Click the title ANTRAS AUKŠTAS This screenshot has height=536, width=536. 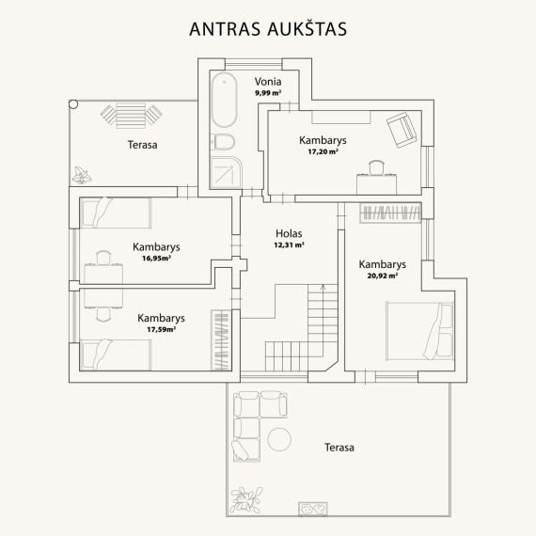tap(268, 29)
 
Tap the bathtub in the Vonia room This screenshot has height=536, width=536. tap(224, 100)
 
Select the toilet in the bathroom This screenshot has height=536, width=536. tap(222, 142)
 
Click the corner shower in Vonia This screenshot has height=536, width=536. tap(226, 173)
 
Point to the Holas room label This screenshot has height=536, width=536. tap(289, 233)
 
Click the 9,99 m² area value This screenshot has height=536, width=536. tap(268, 93)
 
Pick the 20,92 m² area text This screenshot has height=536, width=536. tap(383, 276)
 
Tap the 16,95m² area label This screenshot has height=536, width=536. tap(156, 258)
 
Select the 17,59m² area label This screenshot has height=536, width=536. tap(162, 329)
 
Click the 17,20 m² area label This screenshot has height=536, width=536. tap(323, 151)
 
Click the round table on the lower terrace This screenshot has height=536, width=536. tap(279, 439)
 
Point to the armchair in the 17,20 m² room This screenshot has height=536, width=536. tap(402, 130)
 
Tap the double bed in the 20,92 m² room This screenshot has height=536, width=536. tap(419, 331)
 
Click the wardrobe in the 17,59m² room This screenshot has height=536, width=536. tap(221, 340)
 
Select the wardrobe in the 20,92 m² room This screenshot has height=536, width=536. tap(390, 213)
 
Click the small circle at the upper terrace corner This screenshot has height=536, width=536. tap(73, 104)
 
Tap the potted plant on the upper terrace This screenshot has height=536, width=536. tap(82, 176)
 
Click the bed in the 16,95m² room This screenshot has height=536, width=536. tap(116, 213)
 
